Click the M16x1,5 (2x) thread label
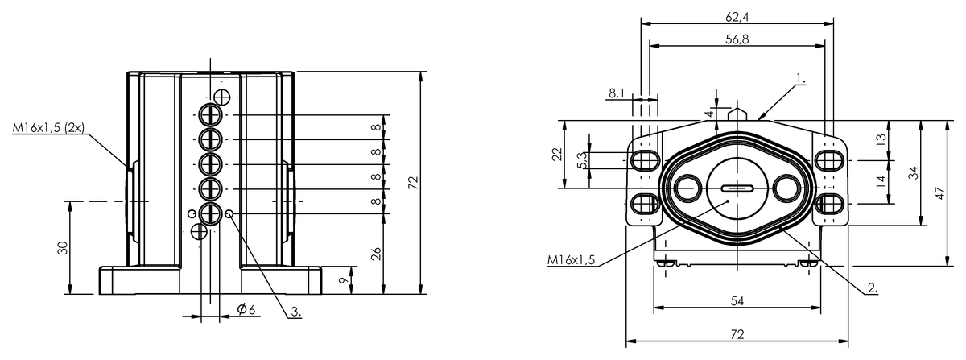click(48, 128)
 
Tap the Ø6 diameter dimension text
click(246, 309)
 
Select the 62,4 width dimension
click(737, 17)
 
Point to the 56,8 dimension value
click(737, 39)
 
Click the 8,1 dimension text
click(617, 93)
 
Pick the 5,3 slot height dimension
click(582, 160)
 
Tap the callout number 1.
click(800, 79)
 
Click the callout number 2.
click(873, 288)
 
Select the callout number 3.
click(296, 312)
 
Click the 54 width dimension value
click(737, 301)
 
